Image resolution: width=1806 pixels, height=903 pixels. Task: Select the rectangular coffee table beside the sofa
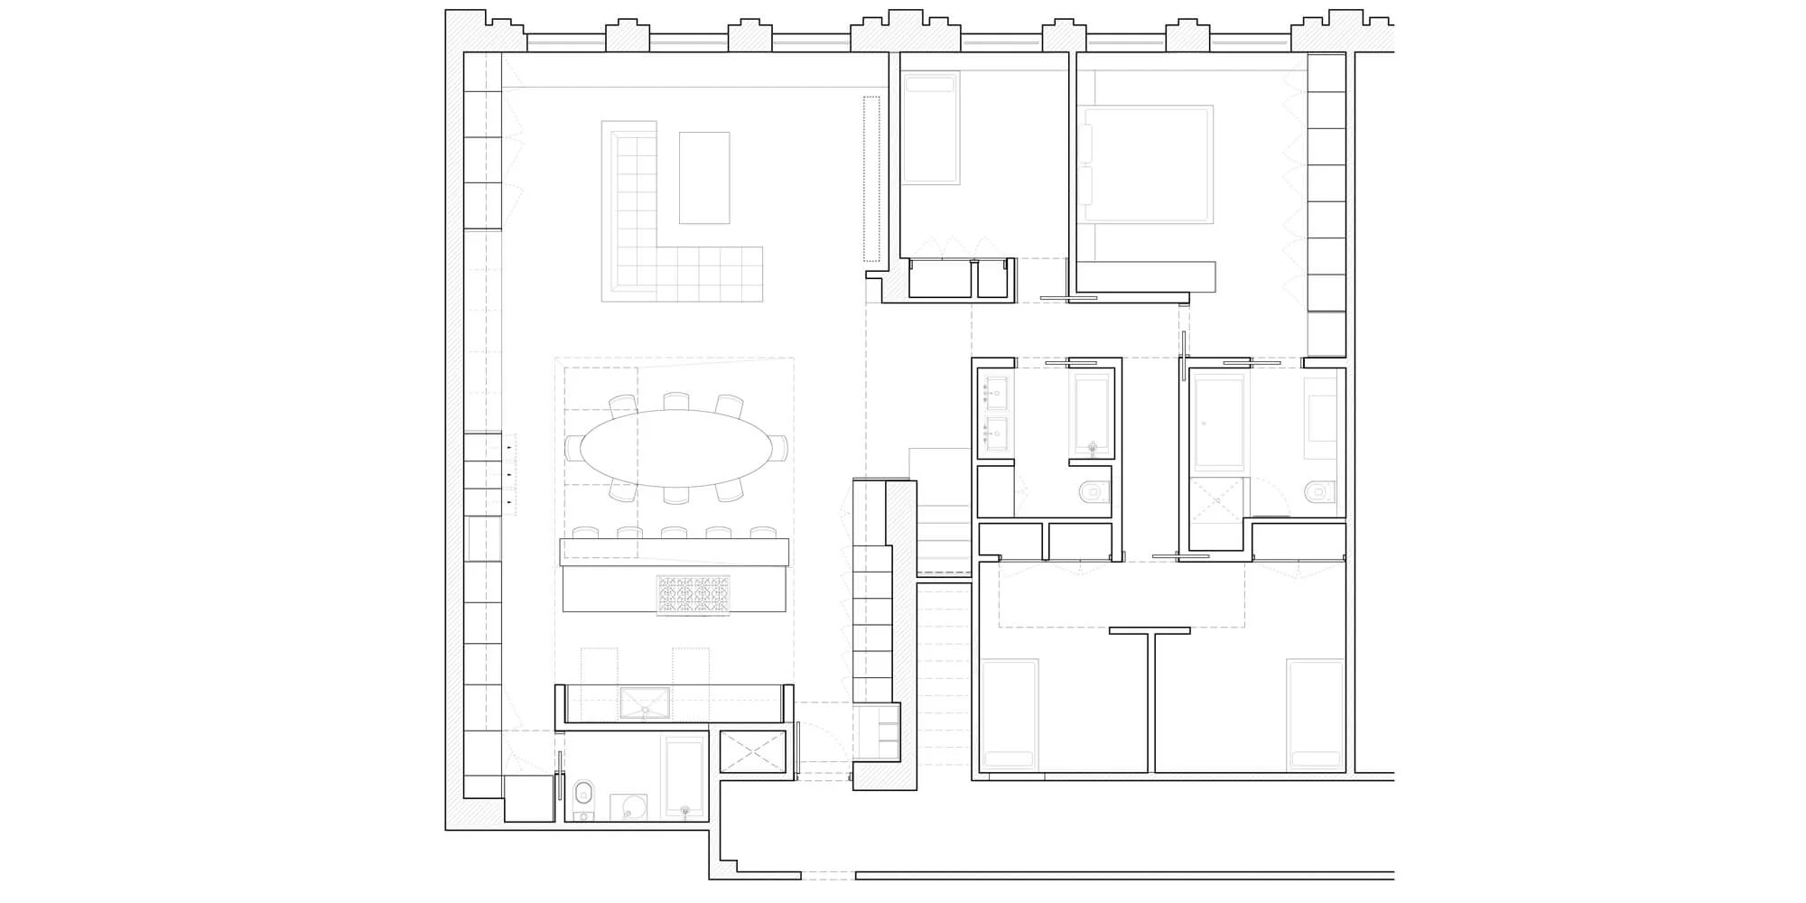[703, 177]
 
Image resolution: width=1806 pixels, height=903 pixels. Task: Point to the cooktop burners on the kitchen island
[693, 596]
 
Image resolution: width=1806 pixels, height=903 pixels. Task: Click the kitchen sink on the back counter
[645, 703]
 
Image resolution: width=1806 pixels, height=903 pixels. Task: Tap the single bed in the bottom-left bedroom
[1009, 713]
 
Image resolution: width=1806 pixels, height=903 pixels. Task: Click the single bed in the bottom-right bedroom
[1315, 713]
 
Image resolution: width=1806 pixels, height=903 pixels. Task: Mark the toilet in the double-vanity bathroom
[1094, 491]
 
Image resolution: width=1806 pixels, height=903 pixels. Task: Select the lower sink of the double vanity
[996, 433]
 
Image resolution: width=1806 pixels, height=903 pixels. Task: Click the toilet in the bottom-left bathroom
[583, 792]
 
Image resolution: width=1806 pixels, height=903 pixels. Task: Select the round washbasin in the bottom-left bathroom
[628, 806]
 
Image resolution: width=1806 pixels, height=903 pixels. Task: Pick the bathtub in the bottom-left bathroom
[684, 776]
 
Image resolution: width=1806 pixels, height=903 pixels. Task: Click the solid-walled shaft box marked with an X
[753, 751]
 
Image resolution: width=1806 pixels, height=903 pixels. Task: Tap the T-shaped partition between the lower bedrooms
[1150, 668]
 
